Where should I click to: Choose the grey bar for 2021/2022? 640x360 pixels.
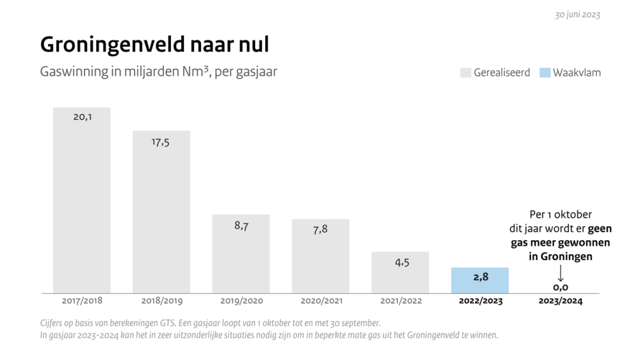point(400,272)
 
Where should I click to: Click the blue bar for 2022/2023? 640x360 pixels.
point(480,281)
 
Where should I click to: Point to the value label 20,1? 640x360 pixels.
point(82,117)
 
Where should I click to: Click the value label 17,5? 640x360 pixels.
point(161,142)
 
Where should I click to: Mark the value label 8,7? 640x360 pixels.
point(241,226)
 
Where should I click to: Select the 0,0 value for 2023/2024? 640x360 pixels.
point(561,288)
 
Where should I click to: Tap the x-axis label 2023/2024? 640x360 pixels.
point(561,301)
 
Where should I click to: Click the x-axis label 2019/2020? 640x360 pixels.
point(241,301)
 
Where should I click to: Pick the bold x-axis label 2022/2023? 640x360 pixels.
point(480,301)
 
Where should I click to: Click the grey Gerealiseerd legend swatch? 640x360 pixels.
point(465,72)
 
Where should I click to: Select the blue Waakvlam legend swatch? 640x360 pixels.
point(545,72)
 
